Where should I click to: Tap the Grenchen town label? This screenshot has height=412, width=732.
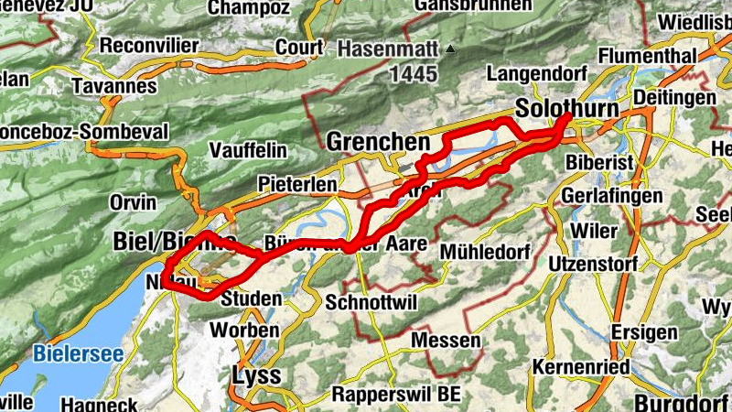pyautogui.click(x=378, y=143)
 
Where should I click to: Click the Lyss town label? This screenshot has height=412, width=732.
pyautogui.click(x=256, y=375)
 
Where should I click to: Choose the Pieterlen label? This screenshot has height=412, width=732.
pyautogui.click(x=297, y=184)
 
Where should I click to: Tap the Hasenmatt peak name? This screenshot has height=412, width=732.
pyautogui.click(x=389, y=48)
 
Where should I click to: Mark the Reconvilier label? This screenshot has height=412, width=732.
pyautogui.click(x=148, y=45)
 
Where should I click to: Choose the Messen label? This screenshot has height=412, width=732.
pyautogui.click(x=447, y=341)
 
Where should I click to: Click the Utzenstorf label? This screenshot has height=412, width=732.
pyautogui.click(x=597, y=264)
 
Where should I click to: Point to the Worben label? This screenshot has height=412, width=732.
pyautogui.click(x=244, y=330)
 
